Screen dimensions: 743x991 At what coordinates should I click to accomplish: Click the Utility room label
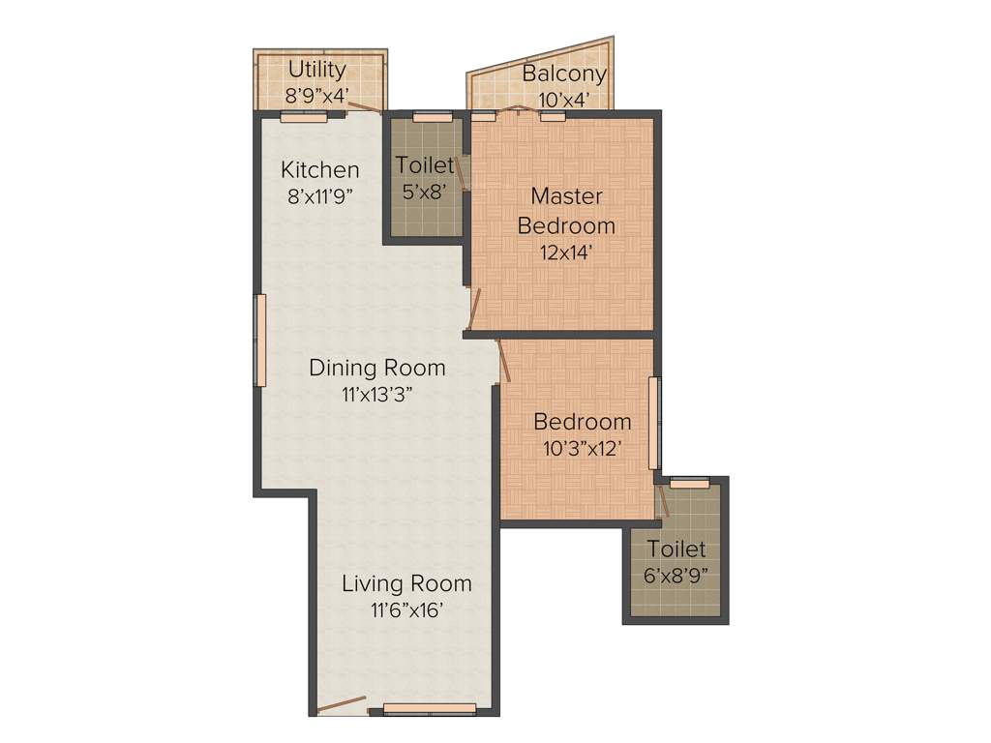[316, 70]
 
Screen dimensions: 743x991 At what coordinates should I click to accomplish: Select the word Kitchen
[319, 170]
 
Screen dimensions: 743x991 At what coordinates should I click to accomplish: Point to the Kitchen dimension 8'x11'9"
[319, 196]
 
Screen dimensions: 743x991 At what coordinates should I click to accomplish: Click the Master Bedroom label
[566, 211]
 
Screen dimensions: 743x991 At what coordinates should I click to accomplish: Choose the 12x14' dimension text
[566, 253]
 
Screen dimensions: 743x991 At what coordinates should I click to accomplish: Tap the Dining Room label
[376, 368]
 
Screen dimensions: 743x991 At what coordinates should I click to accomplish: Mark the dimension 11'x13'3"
[376, 394]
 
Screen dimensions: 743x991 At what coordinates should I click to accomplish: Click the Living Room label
[406, 583]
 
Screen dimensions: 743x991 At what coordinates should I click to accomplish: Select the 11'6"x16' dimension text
[406, 609]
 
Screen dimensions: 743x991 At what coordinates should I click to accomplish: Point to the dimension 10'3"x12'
[582, 448]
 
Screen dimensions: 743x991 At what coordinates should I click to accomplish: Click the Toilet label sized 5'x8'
[424, 165]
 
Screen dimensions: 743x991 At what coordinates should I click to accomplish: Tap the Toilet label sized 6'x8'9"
[676, 550]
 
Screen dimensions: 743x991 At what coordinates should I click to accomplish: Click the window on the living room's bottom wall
[430, 709]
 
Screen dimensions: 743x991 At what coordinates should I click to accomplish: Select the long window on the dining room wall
[259, 341]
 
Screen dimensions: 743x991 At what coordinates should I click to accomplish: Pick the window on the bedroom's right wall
[654, 423]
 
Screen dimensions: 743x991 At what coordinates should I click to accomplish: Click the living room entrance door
[342, 705]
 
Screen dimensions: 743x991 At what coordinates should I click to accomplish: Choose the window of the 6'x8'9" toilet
[689, 482]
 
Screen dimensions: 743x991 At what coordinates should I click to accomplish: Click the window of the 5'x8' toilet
[433, 116]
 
